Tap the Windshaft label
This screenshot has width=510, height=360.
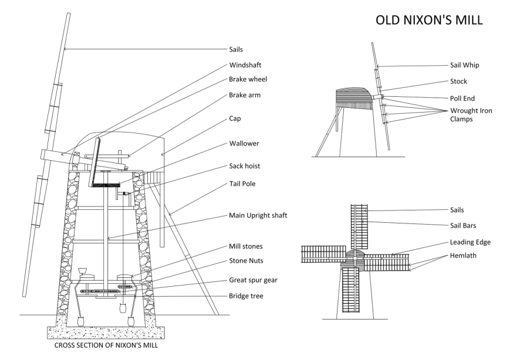point(246,64)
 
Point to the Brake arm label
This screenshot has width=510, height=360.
point(245,94)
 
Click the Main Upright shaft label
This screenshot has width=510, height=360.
point(258,215)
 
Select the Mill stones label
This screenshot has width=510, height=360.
point(246,247)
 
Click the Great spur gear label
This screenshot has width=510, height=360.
point(252,280)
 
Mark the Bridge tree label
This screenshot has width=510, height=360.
point(246,296)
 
